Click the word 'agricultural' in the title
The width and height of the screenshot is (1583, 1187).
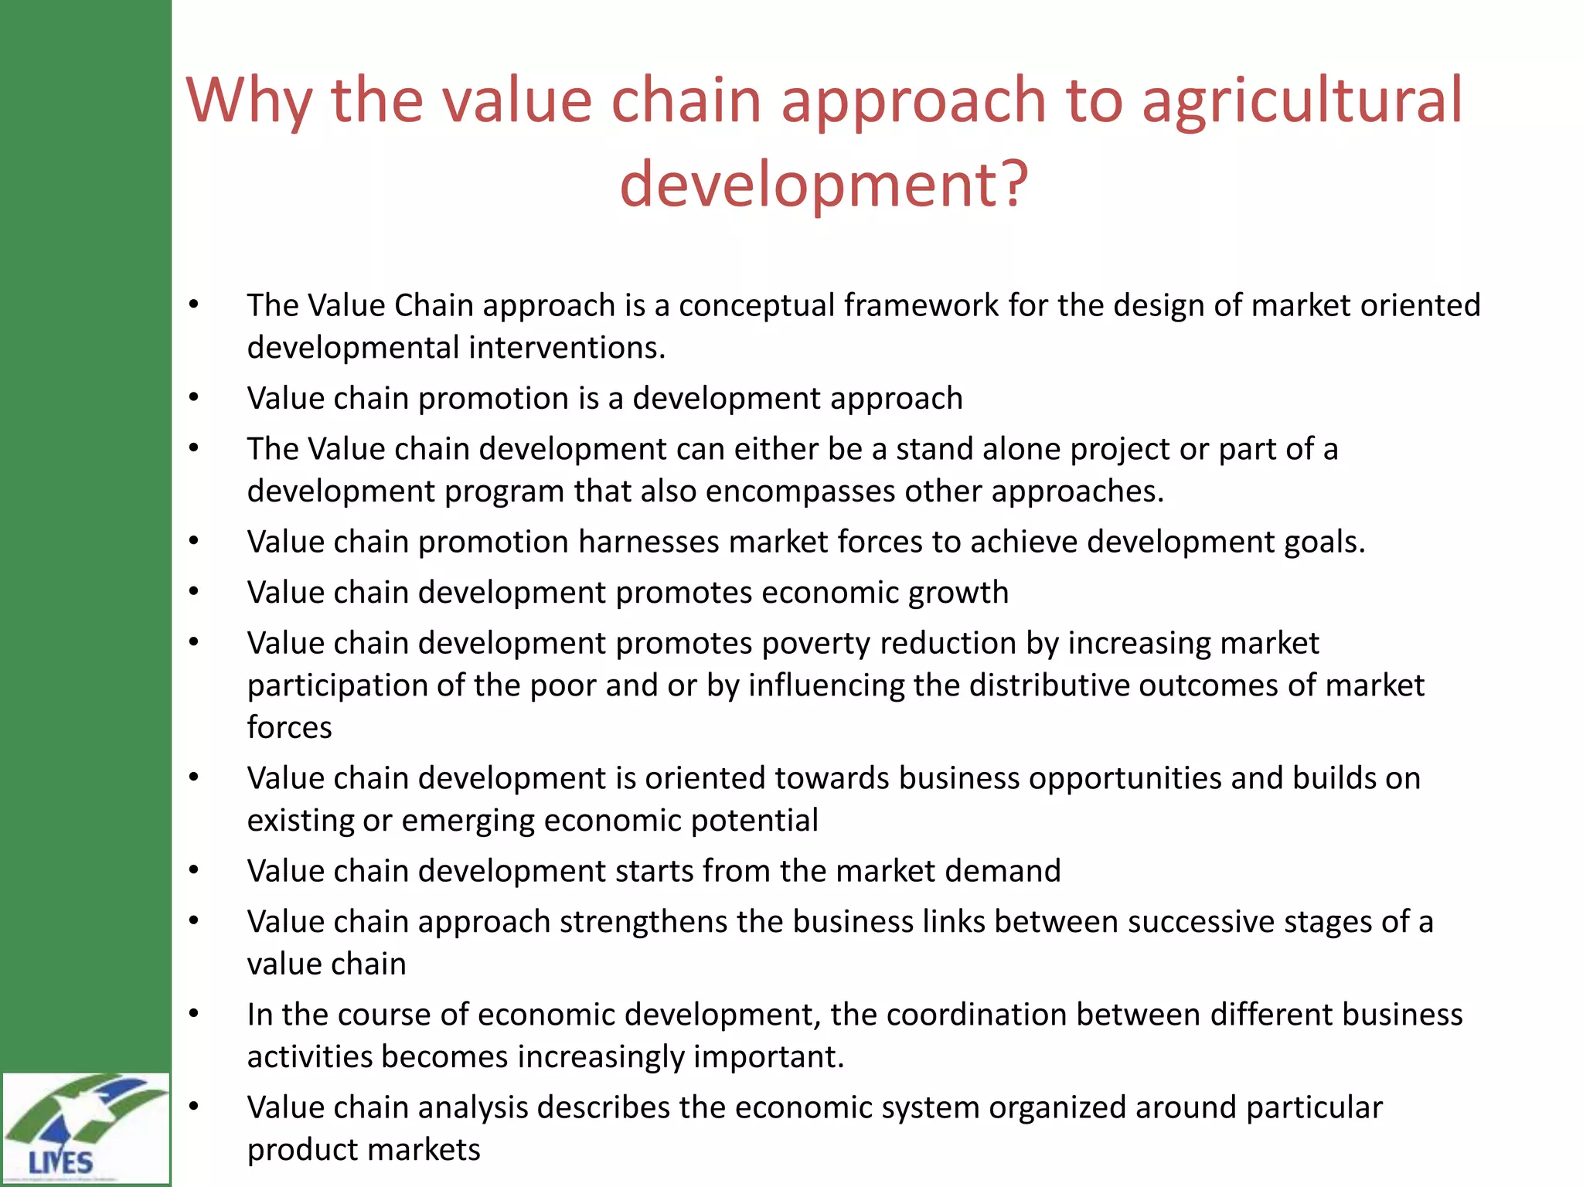click(1302, 100)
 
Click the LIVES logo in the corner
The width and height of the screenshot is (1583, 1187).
click(85, 1127)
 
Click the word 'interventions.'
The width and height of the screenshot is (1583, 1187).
click(567, 348)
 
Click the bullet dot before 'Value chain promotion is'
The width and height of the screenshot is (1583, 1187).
click(194, 399)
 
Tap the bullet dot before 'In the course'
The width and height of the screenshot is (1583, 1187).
click(194, 1015)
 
